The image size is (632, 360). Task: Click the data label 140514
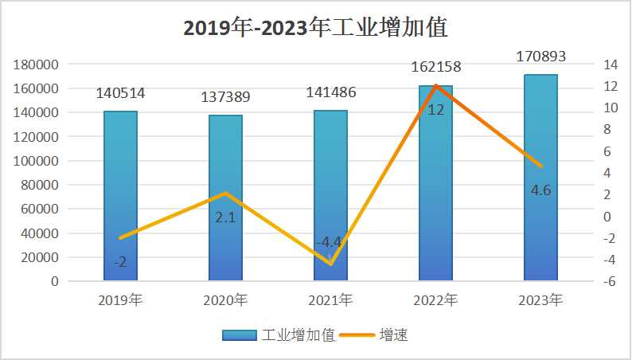click(120, 94)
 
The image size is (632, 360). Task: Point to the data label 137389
click(225, 97)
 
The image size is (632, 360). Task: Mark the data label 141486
click(330, 92)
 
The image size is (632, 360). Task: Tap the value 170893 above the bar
click(540, 57)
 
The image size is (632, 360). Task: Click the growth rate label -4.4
click(330, 241)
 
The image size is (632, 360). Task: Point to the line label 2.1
click(225, 216)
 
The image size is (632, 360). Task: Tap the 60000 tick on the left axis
click(44, 209)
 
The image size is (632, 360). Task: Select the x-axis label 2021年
click(330, 300)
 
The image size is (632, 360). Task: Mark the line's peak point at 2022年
click(435, 86)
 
